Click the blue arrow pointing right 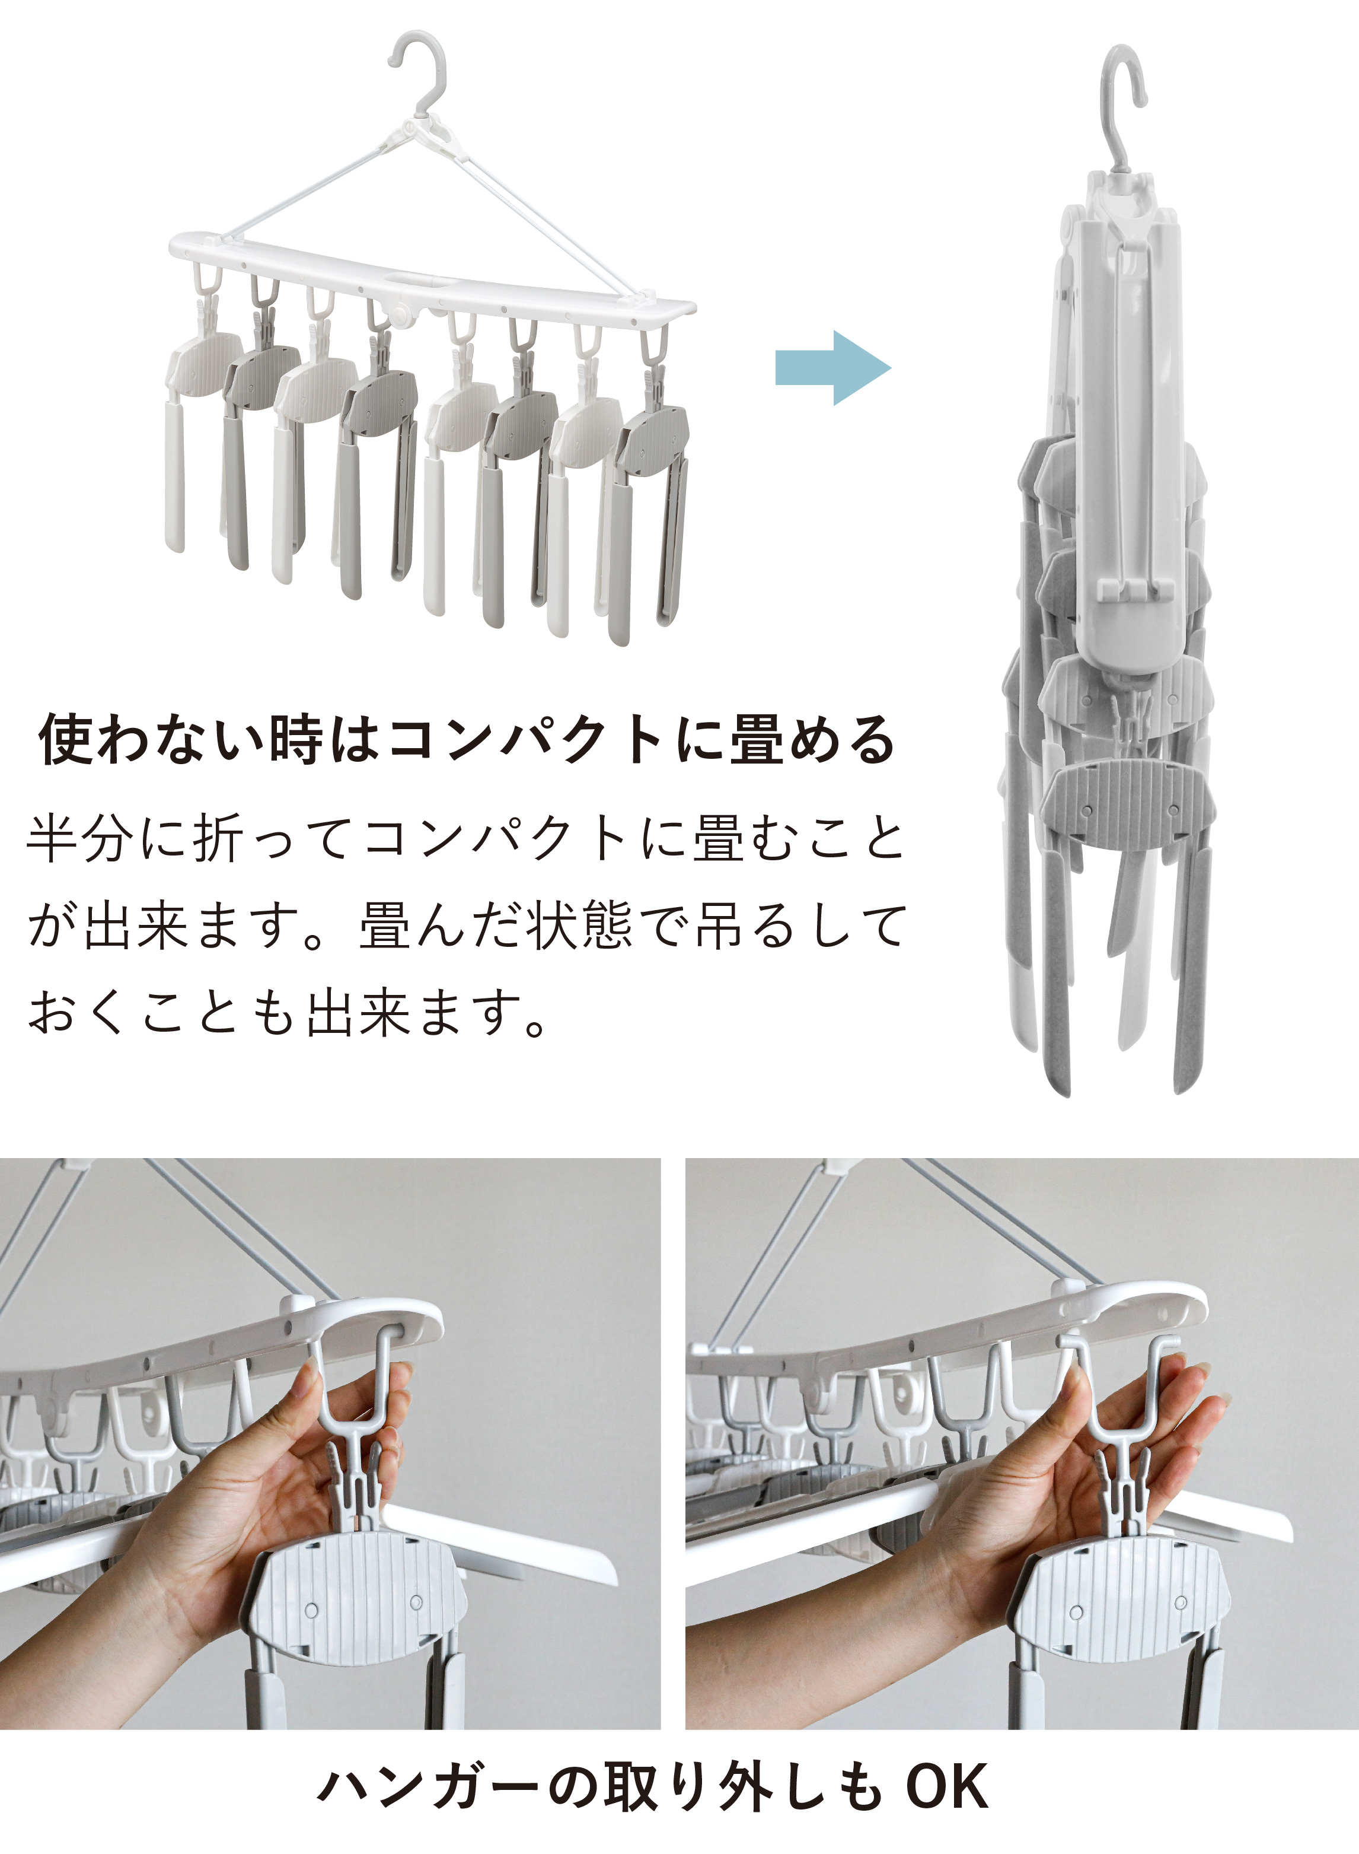coord(832,368)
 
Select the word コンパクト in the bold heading coord(526,740)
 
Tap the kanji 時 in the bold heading coord(295,739)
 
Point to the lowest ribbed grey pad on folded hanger coord(1132,807)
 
